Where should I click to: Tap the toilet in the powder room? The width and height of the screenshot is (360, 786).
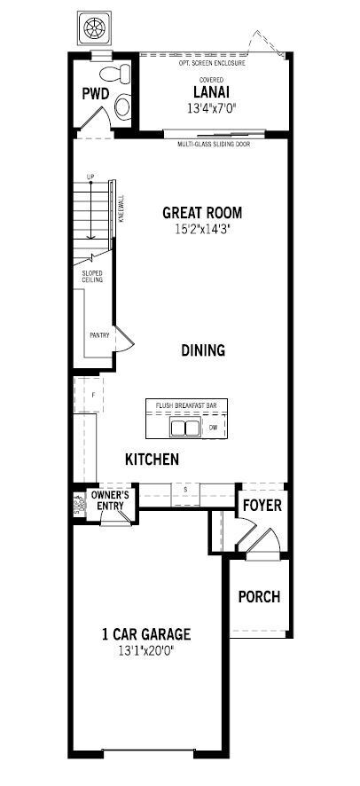(x=118, y=95)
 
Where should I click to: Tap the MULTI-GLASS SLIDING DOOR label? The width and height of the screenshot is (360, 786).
(x=221, y=142)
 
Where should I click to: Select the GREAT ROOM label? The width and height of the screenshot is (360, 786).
(x=201, y=213)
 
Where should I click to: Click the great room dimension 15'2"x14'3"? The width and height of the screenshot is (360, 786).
(x=201, y=230)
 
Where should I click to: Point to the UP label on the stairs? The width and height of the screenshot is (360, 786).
(x=90, y=177)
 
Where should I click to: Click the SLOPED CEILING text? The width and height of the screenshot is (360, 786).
(x=93, y=277)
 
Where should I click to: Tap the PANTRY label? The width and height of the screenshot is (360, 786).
(x=98, y=335)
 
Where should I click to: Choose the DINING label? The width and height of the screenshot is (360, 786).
(x=203, y=350)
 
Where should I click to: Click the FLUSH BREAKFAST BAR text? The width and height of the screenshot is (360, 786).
(x=187, y=405)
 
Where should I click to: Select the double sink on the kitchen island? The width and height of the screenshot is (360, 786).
(x=185, y=428)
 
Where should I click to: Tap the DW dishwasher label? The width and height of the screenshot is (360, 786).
(x=213, y=428)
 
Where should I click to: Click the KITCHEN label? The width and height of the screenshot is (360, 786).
(x=152, y=460)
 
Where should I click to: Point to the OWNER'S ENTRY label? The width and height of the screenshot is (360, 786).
(x=111, y=500)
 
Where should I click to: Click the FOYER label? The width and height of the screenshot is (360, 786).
(x=262, y=506)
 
